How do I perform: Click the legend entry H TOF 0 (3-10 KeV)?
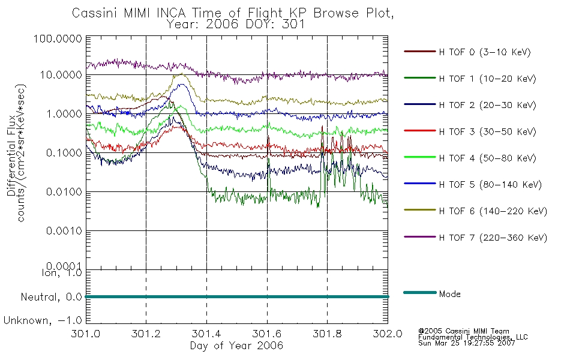point(485,52)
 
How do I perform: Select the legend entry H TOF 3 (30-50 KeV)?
point(487,131)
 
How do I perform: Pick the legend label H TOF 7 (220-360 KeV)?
point(493,238)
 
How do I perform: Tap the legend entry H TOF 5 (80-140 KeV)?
point(490,185)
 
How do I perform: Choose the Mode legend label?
point(449,294)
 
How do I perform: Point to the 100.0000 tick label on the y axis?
point(58,38)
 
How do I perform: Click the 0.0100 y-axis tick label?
point(64,191)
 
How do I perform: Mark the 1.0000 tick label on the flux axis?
point(64,114)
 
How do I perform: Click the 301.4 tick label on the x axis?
point(206,334)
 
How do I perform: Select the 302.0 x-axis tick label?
point(388,334)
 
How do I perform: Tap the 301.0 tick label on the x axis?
point(86,334)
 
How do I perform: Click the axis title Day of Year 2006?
point(236,346)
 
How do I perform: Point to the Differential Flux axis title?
point(11,155)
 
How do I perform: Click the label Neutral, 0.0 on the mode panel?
point(51,298)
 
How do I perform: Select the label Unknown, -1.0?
point(43,321)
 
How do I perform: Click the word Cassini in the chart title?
point(95,13)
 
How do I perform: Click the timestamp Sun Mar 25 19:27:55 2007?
point(466,343)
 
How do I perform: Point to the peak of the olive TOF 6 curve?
point(181,74)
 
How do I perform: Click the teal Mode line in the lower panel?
point(237,297)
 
